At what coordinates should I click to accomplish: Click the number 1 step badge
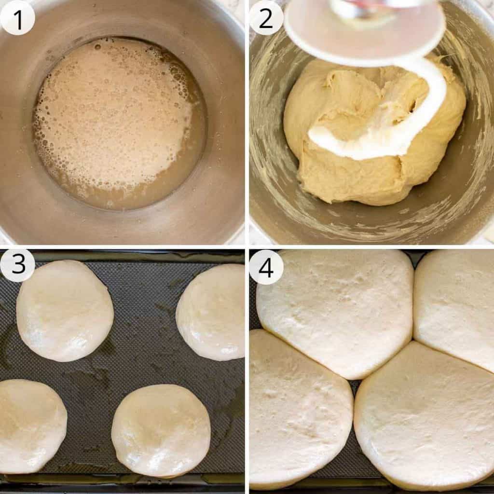(17, 18)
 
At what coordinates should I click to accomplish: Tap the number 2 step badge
(266, 18)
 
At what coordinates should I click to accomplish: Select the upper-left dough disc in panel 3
(65, 310)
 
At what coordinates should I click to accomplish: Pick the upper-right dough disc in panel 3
(210, 312)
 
